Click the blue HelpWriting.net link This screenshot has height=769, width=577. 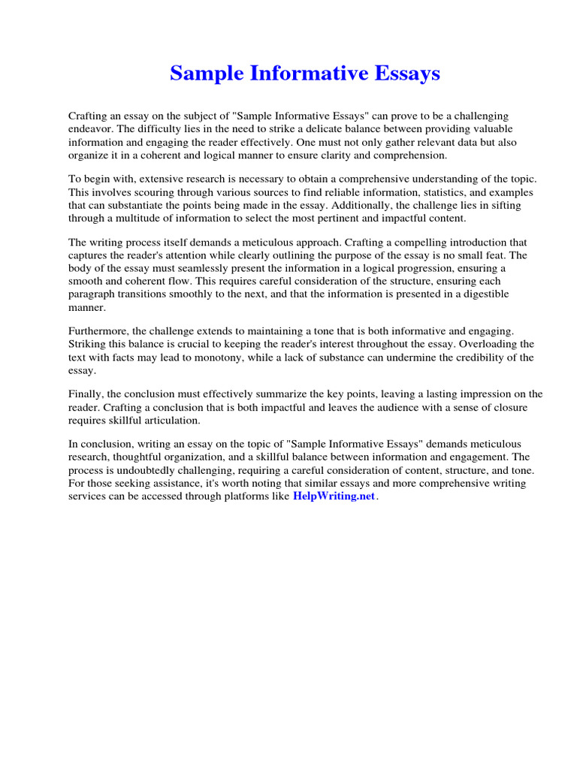pyautogui.click(x=333, y=498)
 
